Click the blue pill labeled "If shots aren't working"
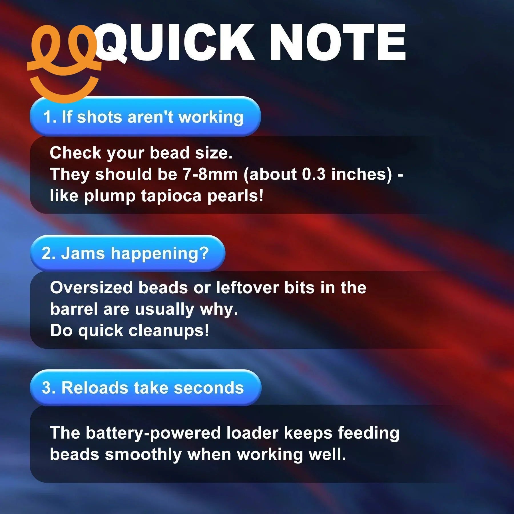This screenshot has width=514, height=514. tap(145, 117)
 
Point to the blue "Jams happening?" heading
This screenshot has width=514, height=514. tap(128, 253)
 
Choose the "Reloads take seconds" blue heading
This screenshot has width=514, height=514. tap(146, 387)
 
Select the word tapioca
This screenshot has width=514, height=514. tap(171, 196)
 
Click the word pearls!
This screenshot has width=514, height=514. tap(235, 196)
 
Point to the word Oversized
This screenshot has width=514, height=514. tap(91, 287)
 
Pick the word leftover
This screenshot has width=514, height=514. tap(247, 287)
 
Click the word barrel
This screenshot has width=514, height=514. tap(74, 309)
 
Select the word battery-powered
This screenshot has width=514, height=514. tap(153, 433)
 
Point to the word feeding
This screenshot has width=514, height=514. tap(369, 433)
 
